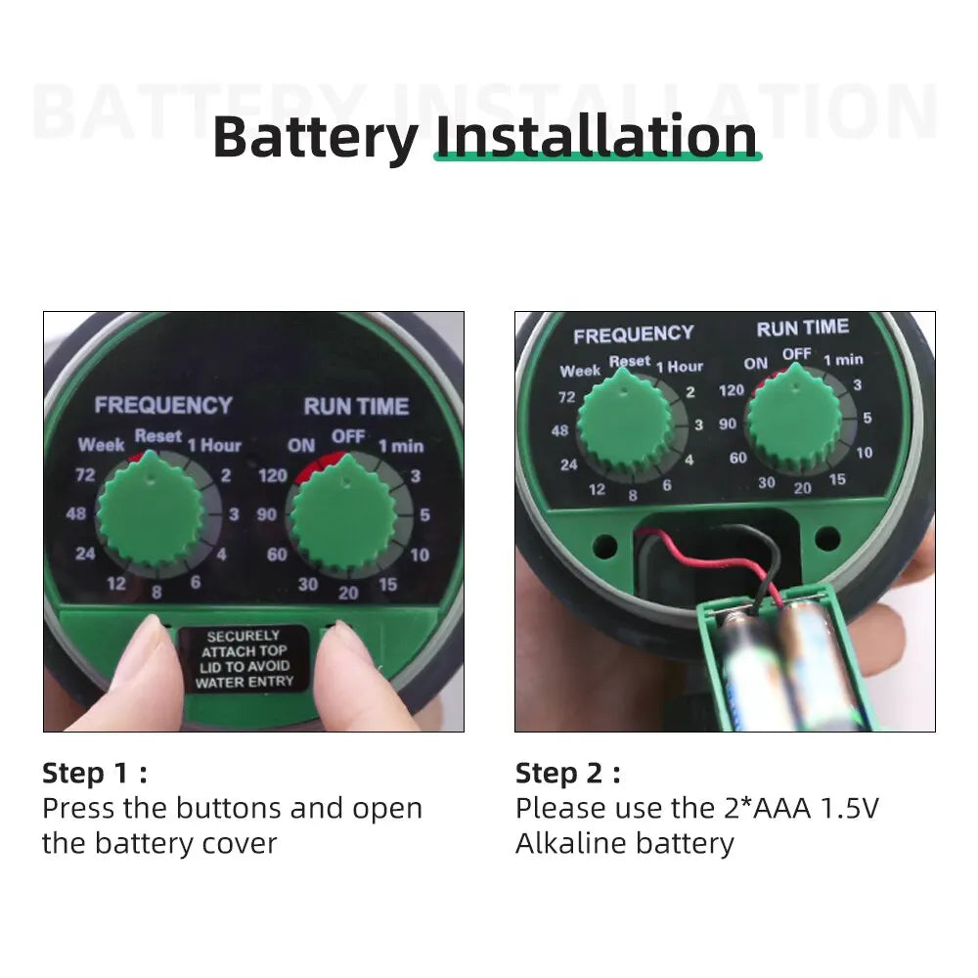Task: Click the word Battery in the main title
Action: [315, 138]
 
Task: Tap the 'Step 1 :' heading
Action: [94, 774]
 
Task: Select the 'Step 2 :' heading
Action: [567, 774]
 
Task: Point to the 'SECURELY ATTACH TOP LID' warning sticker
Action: [244, 658]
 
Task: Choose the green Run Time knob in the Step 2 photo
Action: [793, 420]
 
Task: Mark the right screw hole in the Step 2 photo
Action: [827, 537]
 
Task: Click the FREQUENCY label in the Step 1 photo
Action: [163, 405]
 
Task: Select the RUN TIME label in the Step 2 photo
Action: [802, 328]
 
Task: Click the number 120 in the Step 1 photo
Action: [273, 475]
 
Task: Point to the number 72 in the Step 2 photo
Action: [566, 397]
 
